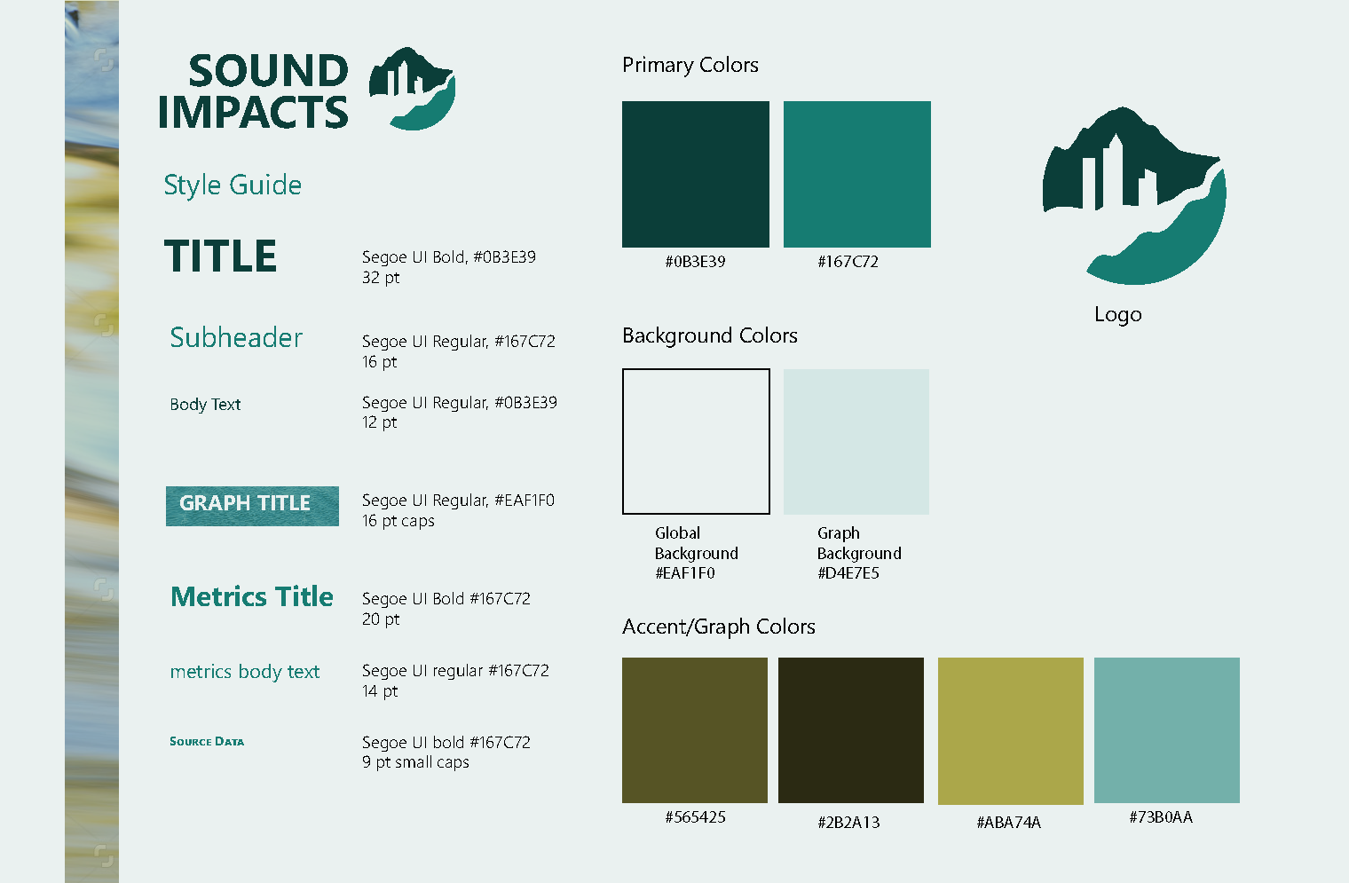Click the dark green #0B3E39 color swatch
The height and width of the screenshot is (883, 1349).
coord(696,174)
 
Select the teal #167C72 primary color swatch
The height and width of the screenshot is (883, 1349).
coord(857,174)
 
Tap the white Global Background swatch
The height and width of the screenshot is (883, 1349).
coord(696,442)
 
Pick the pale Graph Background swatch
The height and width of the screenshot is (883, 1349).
coord(856,442)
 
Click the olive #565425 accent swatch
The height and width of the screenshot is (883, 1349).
coord(695,730)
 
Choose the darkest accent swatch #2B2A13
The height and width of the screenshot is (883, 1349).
coord(851,730)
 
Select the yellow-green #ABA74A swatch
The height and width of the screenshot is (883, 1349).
coord(1011,730)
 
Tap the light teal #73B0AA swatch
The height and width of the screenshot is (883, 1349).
coord(1167,730)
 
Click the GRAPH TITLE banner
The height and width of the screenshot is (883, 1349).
coord(252,506)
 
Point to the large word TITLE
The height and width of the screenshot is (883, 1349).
coord(220,256)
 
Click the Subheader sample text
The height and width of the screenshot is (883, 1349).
coord(236,337)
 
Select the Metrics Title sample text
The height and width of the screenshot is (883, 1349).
coord(252,596)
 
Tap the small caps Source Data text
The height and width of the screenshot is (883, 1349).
coord(207,742)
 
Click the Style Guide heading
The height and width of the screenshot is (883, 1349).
coord(233,185)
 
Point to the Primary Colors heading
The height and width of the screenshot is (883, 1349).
coord(690,65)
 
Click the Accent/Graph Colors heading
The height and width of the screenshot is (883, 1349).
coord(719,627)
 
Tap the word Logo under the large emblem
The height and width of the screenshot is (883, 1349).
coord(1117,314)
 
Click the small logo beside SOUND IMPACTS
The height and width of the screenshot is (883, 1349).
coord(413,89)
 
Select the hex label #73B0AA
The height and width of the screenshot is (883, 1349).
coord(1161,817)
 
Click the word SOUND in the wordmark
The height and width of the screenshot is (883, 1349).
coord(269,70)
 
